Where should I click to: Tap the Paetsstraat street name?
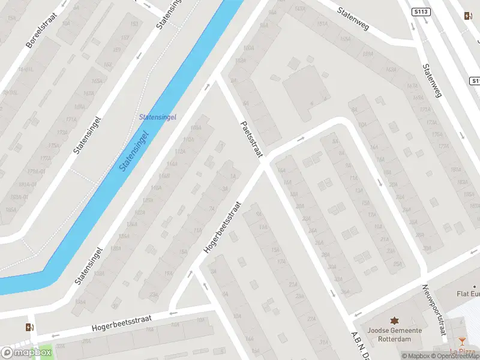[x=251, y=139]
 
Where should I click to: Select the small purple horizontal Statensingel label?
[x=157, y=118]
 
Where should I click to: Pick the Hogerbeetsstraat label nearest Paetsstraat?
[x=222, y=227]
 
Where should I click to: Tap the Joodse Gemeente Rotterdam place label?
[x=395, y=334]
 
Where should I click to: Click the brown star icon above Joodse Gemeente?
[x=395, y=321]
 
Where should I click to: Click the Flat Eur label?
[x=467, y=294]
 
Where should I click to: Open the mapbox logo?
[x=26, y=352]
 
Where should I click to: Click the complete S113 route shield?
[x=421, y=11]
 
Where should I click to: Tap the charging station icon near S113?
[x=468, y=16]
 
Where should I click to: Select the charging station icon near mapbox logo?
[x=29, y=327]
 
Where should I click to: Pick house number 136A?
[x=80, y=302]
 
